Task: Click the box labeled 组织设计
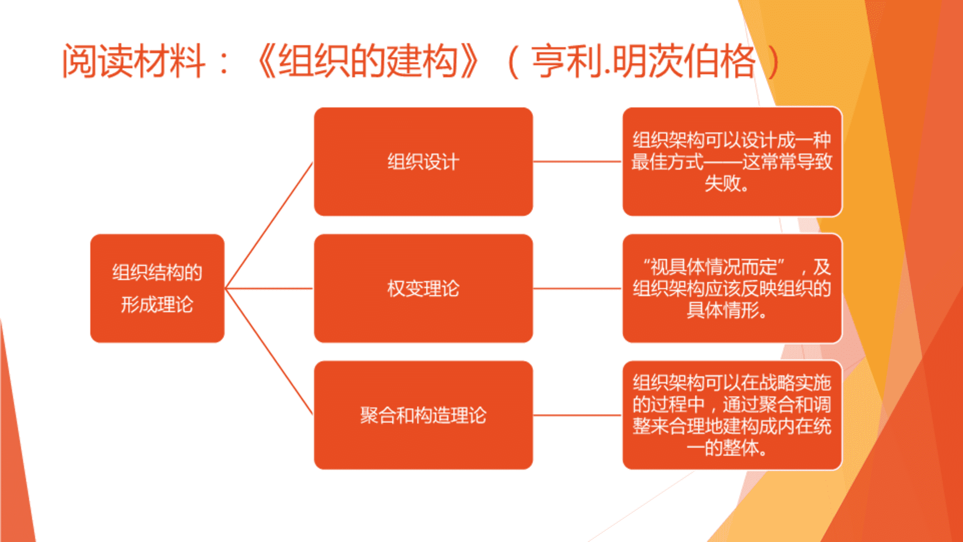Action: click(423, 162)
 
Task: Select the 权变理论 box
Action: click(423, 289)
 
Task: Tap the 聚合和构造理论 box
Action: click(423, 415)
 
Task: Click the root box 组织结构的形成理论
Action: click(157, 289)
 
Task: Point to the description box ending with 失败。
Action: click(732, 162)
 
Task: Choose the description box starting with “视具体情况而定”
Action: click(732, 289)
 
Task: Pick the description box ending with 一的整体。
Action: click(732, 415)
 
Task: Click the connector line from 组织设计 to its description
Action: click(577, 162)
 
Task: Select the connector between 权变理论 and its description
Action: click(577, 289)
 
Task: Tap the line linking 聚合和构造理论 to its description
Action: click(577, 415)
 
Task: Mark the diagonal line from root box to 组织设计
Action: click(269, 225)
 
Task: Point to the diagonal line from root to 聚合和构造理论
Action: click(269, 352)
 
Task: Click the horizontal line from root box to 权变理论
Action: click(269, 289)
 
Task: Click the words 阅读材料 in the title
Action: click(134, 61)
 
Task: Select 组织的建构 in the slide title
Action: click(368, 61)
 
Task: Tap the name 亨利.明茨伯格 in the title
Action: click(644, 61)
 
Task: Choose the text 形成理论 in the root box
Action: click(157, 305)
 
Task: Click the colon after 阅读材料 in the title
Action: click(224, 63)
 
